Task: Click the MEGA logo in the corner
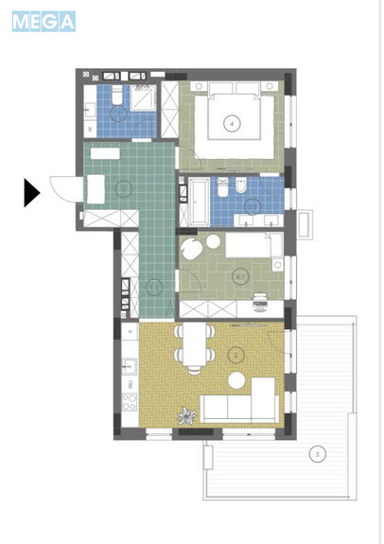point(44,22)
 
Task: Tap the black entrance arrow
point(31,193)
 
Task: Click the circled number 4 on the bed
point(230,123)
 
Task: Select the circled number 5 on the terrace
point(318,455)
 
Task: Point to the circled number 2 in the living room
point(237,356)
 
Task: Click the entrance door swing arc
point(61,189)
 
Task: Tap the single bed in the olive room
point(250,246)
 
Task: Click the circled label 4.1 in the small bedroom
point(240,276)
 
